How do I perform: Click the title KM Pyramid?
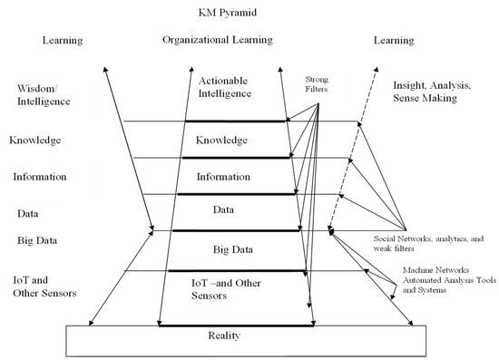(x=227, y=13)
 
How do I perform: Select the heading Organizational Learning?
(x=218, y=40)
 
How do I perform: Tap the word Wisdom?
(x=36, y=88)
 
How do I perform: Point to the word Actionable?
(x=223, y=81)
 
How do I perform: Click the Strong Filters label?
(x=317, y=84)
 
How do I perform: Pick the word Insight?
(x=408, y=85)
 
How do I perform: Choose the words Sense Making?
(x=425, y=98)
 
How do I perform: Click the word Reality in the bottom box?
(x=224, y=336)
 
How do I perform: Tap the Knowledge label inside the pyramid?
(x=221, y=140)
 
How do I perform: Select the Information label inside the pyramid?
(x=223, y=177)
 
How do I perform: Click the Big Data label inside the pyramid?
(x=233, y=249)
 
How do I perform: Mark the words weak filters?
(x=394, y=248)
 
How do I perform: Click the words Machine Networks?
(x=435, y=270)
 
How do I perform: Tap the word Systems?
(x=432, y=290)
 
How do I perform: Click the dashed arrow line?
(x=352, y=149)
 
